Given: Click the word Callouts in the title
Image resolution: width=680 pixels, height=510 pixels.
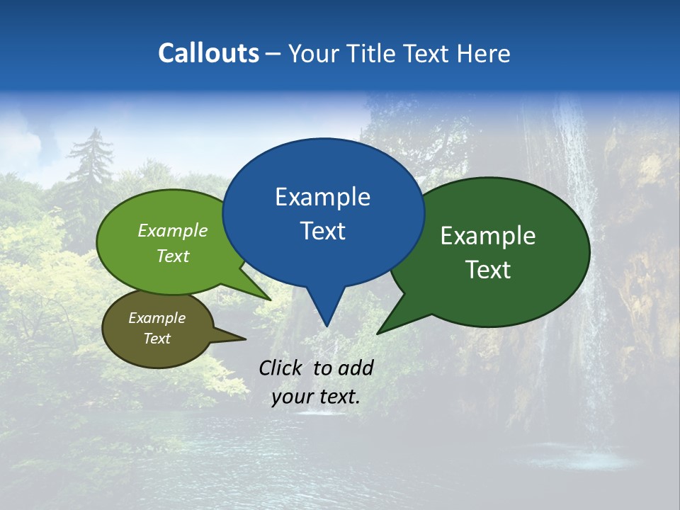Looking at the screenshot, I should (x=208, y=53).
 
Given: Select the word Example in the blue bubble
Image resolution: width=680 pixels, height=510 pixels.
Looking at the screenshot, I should (x=322, y=197).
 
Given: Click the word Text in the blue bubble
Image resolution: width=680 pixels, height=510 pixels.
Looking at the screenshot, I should (x=322, y=231).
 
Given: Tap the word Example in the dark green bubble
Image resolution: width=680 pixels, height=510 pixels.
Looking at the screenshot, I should (x=488, y=236).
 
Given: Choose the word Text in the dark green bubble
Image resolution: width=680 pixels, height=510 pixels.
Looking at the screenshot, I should (x=488, y=270).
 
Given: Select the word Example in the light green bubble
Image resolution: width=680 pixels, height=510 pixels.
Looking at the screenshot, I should (x=173, y=230).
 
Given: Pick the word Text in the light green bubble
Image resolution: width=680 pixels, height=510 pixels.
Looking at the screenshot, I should (x=173, y=256).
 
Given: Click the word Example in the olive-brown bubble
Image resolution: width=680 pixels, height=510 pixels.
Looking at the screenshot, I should (x=157, y=318).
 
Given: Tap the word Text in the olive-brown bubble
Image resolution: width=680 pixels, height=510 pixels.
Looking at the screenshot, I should (x=157, y=339).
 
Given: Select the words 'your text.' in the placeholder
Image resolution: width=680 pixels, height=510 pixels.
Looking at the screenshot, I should (x=316, y=397).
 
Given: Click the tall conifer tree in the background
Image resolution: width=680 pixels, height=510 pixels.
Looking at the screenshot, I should (x=91, y=170).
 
